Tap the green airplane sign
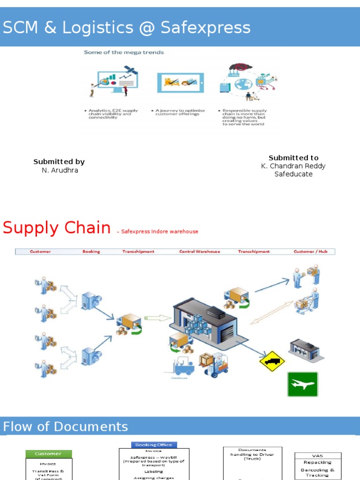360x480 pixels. pos(302,384)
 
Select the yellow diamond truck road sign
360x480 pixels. pos(272,361)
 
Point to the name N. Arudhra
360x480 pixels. pos(60,170)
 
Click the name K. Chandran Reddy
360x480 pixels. pos(293,166)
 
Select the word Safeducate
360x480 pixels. pos(293,174)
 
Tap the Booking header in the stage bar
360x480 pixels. pos(91,252)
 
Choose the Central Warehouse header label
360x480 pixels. pos(199,252)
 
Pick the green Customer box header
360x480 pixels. pos(48,454)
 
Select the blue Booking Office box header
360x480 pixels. pos(154,445)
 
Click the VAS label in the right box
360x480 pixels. pos(317,456)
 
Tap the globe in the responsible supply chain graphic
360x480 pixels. pos(243,84)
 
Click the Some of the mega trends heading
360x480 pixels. pos(124,52)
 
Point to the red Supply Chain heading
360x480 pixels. pos(57,228)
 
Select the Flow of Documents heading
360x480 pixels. pos(66,427)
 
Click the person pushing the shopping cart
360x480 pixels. pos(308,301)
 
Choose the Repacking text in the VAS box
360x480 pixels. pos(317,463)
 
